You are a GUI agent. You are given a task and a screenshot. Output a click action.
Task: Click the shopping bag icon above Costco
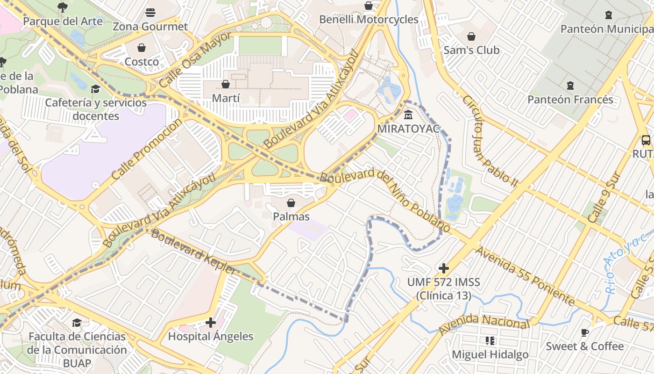point(142,48)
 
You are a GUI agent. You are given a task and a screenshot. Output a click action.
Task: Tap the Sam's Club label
point(471,50)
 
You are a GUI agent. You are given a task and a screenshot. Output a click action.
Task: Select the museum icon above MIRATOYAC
point(408,115)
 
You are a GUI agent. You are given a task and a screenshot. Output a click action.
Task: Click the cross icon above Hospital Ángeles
point(211,323)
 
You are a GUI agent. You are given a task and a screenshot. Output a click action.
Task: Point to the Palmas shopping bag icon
point(291,203)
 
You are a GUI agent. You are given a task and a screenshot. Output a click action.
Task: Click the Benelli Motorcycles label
point(369,19)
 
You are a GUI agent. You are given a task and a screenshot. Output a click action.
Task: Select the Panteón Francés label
point(570,100)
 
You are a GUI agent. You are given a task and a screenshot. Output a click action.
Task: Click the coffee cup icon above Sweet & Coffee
point(584,332)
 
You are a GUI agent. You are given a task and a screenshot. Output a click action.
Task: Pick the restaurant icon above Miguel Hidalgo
point(490,341)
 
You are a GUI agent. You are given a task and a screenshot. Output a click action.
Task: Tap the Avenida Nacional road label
point(484,323)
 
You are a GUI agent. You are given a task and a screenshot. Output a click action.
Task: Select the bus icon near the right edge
point(646,140)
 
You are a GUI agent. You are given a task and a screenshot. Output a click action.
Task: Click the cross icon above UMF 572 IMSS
point(444,268)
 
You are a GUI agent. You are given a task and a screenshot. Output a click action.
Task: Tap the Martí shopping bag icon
point(226,84)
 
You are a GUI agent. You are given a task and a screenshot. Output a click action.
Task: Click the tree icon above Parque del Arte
point(62,7)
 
